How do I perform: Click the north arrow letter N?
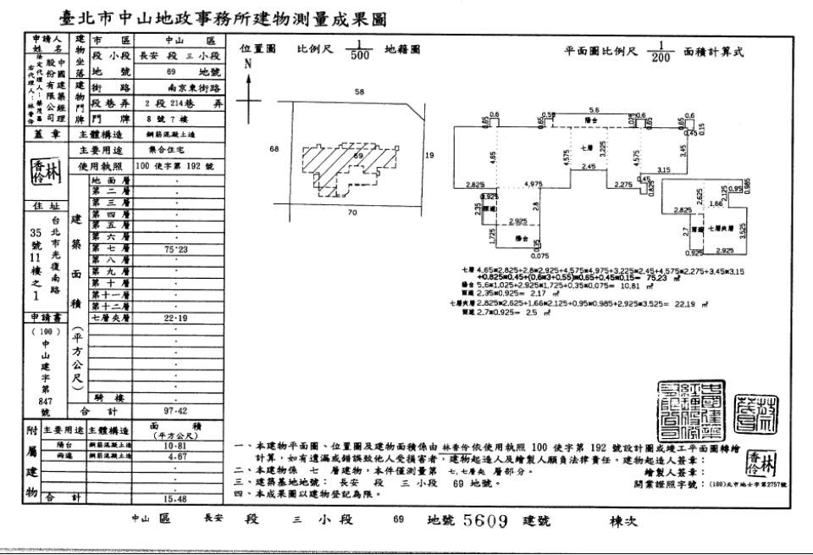click(x=247, y=64)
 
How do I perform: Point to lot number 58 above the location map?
click(x=359, y=91)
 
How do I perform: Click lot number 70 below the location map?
click(x=351, y=212)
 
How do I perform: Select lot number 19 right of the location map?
click(x=429, y=155)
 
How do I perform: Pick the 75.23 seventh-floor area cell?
click(x=176, y=249)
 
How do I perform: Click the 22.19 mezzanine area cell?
click(x=176, y=318)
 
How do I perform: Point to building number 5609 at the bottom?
click(x=485, y=521)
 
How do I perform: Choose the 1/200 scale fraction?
click(x=660, y=52)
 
